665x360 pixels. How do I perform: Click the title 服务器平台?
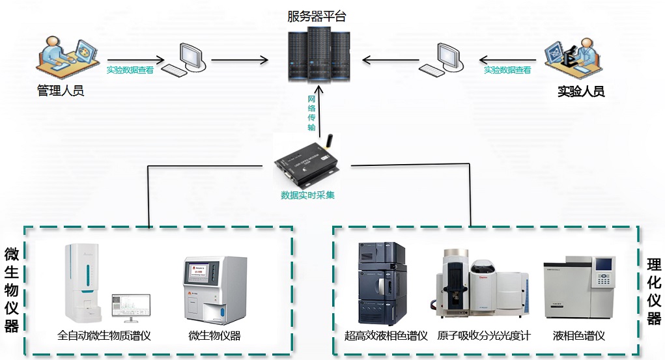317,16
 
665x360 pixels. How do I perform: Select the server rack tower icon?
318,53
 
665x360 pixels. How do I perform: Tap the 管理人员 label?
61,91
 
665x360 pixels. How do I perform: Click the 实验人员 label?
581,92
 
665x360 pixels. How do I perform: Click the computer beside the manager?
186,59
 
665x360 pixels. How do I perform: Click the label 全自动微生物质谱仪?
104,337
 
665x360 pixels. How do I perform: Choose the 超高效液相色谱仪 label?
386,337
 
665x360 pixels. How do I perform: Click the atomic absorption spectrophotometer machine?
483,286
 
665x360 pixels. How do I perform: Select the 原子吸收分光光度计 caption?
484,337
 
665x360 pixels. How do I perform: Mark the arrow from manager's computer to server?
239,61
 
